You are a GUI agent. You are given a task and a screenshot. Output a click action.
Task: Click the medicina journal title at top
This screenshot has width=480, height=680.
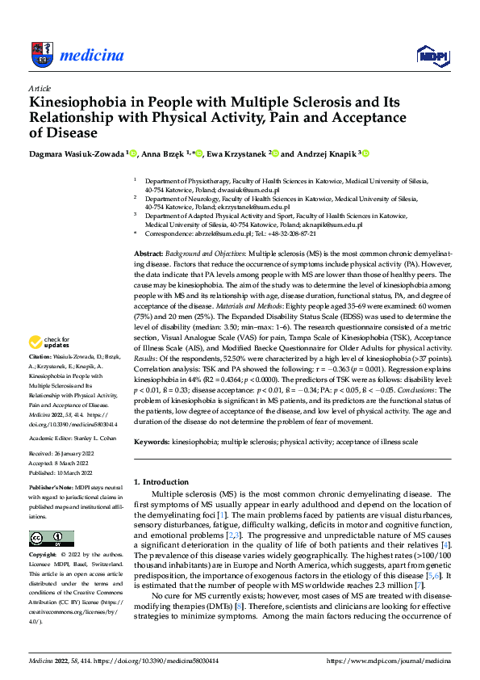92,56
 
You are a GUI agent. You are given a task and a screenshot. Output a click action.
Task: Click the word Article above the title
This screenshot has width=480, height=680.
40,87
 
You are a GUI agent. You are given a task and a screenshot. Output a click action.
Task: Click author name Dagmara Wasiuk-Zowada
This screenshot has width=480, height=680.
77,153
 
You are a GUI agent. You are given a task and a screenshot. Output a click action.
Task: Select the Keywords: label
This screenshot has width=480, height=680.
151,443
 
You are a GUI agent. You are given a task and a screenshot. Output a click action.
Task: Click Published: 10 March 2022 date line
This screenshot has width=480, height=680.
61,472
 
